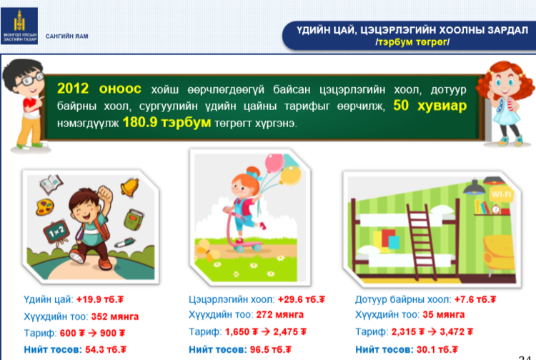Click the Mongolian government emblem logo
(x=19, y=26)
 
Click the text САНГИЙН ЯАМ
(x=66, y=36)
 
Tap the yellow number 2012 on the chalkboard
(x=73, y=89)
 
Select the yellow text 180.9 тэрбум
(x=167, y=122)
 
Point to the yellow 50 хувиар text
(x=430, y=106)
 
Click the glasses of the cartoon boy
(x=29, y=79)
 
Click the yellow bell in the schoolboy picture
(x=129, y=187)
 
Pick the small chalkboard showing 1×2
(x=56, y=232)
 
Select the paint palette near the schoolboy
(x=46, y=207)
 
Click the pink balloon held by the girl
(x=274, y=164)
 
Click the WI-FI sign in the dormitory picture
(x=501, y=195)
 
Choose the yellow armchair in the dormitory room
(x=499, y=254)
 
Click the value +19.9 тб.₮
(x=99, y=299)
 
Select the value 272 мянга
(x=279, y=314)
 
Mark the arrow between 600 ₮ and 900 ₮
(x=92, y=333)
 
